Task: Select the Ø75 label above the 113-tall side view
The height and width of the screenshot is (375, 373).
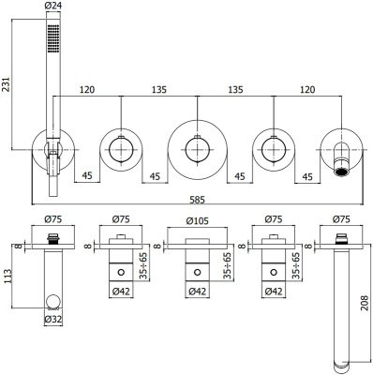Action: pos(53,222)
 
